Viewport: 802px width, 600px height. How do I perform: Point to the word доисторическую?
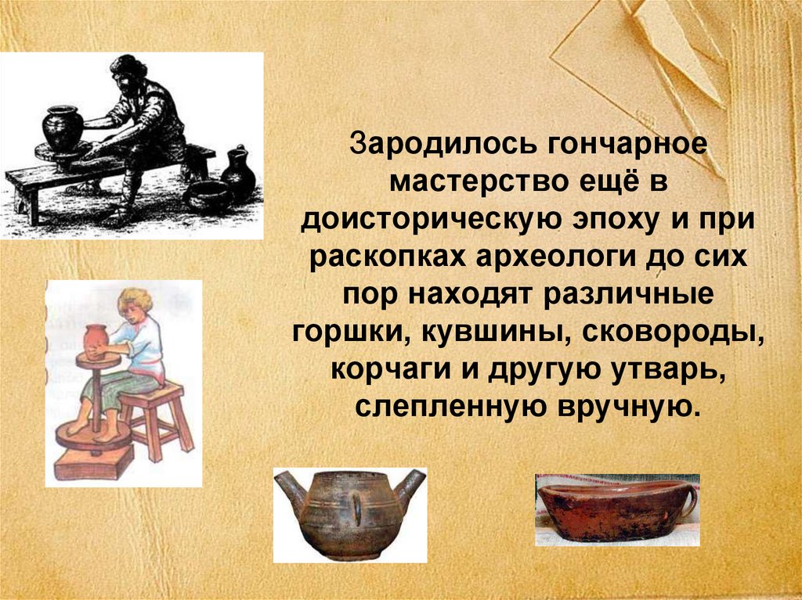coord(428,221)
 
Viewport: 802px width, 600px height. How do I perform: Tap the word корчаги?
coord(391,369)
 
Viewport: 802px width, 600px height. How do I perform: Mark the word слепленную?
coord(450,406)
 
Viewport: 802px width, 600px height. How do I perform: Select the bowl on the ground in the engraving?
coord(207,195)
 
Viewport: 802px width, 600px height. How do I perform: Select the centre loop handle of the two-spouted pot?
coord(356,509)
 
